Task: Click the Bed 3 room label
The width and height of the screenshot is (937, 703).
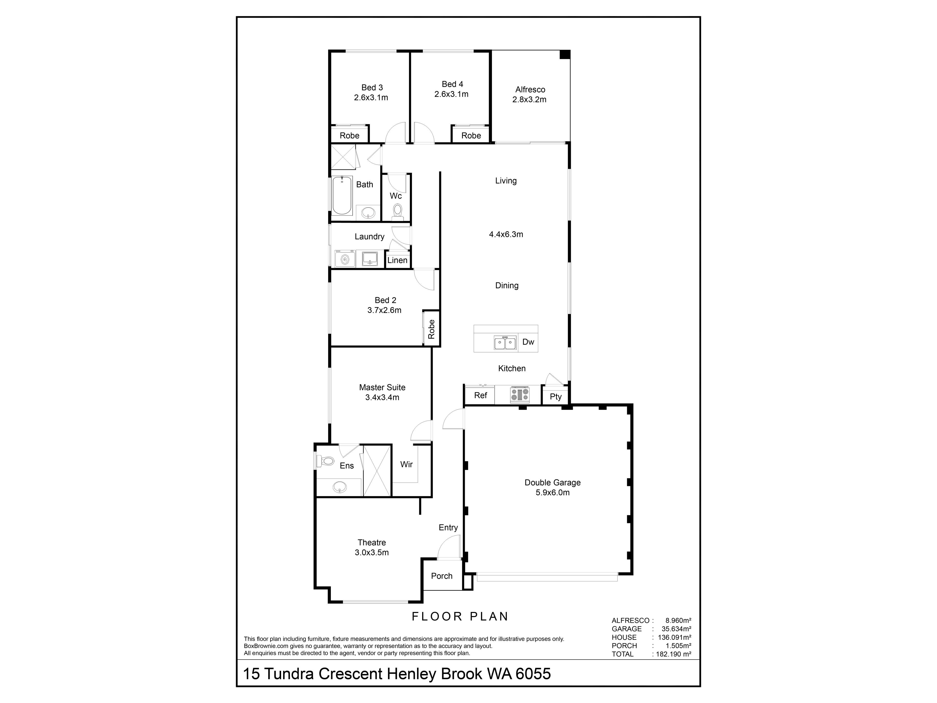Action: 372,88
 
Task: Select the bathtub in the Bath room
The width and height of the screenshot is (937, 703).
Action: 342,196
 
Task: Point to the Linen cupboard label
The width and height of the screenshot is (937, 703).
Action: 397,260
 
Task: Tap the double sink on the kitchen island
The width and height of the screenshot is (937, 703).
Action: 505,342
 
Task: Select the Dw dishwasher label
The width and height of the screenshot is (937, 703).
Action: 528,342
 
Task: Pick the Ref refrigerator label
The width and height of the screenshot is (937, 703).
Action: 480,395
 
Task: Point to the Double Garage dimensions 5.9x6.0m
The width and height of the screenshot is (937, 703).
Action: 552,492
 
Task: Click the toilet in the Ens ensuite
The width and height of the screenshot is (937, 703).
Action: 326,461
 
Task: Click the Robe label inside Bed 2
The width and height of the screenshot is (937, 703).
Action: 431,329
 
